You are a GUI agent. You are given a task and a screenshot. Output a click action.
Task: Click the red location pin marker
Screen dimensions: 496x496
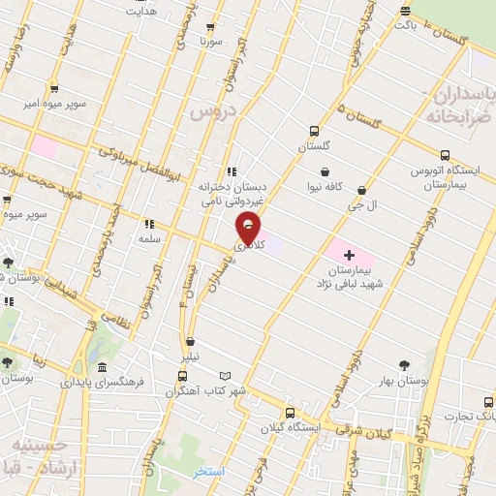(249, 228)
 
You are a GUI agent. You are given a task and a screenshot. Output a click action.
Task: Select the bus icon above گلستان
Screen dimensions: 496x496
(313, 131)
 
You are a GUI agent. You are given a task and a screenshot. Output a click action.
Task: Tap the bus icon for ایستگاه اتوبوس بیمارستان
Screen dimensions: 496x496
(445, 155)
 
